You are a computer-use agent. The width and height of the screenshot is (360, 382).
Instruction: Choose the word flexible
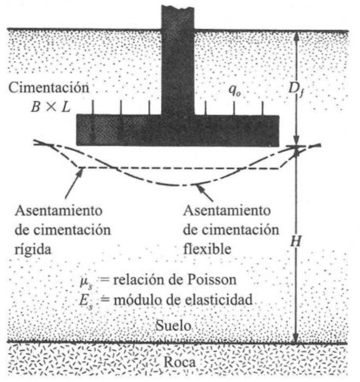[x=207, y=247]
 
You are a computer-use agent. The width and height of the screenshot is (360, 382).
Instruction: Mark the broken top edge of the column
[x=177, y=7]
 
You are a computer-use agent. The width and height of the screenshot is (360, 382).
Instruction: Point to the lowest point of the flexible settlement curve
[x=179, y=185]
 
